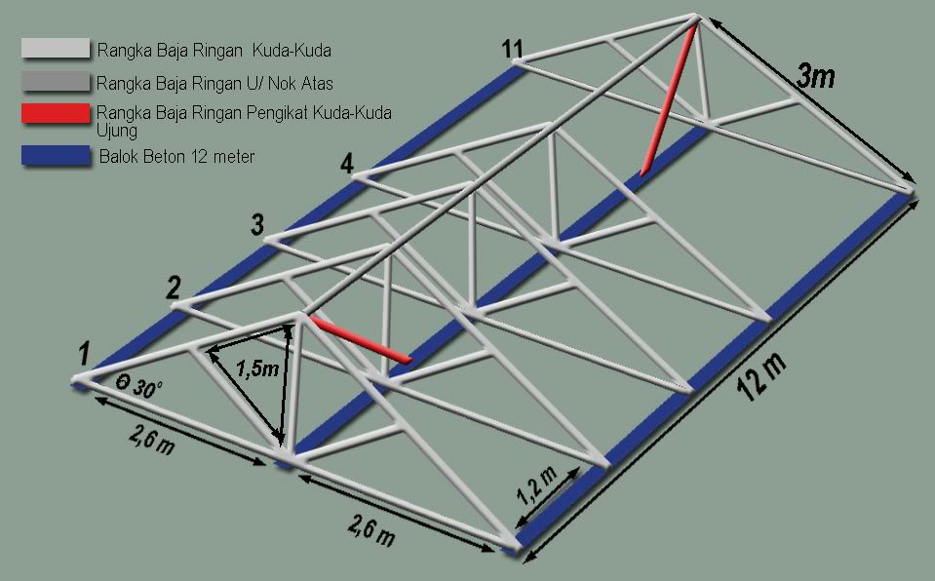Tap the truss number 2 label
tap(173, 288)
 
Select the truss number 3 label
tap(257, 226)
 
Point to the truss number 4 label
tap(346, 165)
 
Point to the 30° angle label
tap(139, 385)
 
